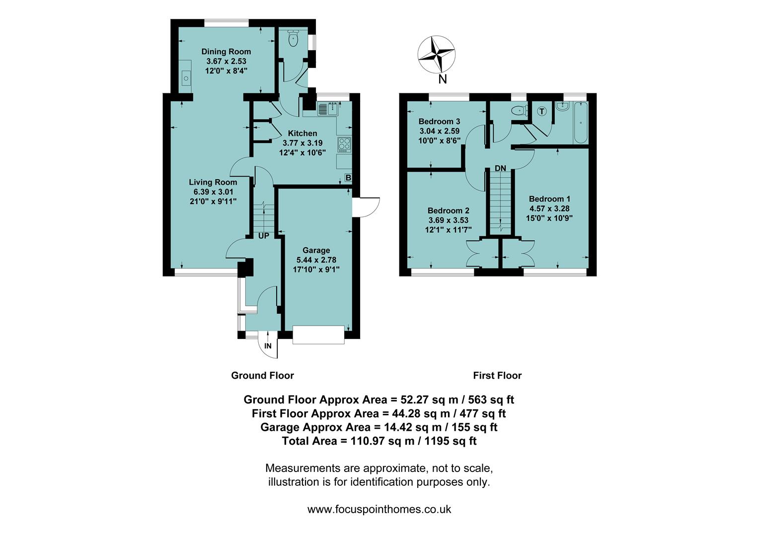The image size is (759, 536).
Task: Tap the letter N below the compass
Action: pyautogui.click(x=443, y=79)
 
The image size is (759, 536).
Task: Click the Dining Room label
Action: pyautogui.click(x=226, y=52)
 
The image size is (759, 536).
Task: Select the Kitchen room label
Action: pyautogui.click(x=303, y=133)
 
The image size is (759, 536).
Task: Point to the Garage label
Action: pyautogui.click(x=316, y=250)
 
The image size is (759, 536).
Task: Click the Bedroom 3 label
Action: pyautogui.click(x=439, y=122)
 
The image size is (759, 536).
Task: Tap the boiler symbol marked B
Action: pyautogui.click(x=348, y=178)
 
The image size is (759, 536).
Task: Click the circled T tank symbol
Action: pyautogui.click(x=542, y=112)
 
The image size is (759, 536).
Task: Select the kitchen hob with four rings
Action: pyautogui.click(x=344, y=144)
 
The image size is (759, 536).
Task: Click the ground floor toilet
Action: pyautogui.click(x=294, y=39)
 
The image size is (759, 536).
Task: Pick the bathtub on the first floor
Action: pyautogui.click(x=581, y=123)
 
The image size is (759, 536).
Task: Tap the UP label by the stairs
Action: pyautogui.click(x=263, y=236)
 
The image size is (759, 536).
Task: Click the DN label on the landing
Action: pyautogui.click(x=500, y=169)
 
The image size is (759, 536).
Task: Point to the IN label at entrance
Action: pyautogui.click(x=268, y=346)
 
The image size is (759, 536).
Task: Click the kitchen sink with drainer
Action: pyautogui.click(x=326, y=108)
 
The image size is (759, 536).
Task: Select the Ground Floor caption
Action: pyautogui.click(x=262, y=376)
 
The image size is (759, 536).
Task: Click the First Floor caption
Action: pyautogui.click(x=497, y=376)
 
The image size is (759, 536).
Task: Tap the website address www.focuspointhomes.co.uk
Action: pyautogui.click(x=379, y=509)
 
